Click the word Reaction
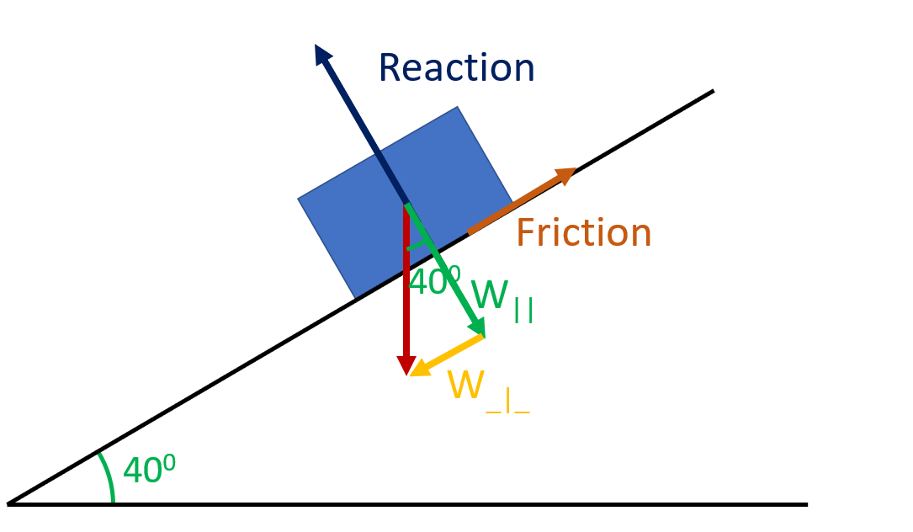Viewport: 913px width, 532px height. tap(456, 68)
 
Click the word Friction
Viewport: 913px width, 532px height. tap(583, 233)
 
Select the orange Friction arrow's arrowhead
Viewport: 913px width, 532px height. tap(568, 173)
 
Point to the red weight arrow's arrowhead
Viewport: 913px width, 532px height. tap(406, 367)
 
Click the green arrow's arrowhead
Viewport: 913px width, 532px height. tap(479, 327)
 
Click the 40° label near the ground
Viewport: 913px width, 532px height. tap(149, 470)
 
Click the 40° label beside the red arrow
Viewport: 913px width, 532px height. tap(434, 282)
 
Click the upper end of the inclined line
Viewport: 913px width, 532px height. tap(712, 91)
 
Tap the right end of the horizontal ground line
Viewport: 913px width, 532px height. tap(805, 504)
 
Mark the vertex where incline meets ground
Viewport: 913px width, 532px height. tap(9, 504)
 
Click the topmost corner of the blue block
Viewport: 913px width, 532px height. tap(457, 107)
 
